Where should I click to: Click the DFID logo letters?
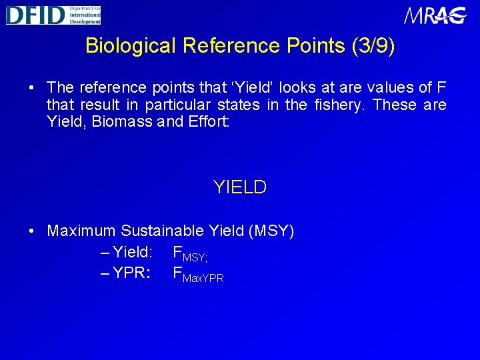[x=35, y=15]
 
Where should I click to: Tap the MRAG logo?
[x=435, y=15]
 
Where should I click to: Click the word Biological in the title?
[x=131, y=46]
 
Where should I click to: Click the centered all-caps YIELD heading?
[x=240, y=187]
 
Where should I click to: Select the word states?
[x=237, y=105]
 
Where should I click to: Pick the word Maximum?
[x=81, y=231]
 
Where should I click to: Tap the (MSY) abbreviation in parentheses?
[x=271, y=231]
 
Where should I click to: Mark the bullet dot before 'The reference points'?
[x=31, y=88]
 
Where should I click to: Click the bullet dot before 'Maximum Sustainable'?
[x=31, y=232]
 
